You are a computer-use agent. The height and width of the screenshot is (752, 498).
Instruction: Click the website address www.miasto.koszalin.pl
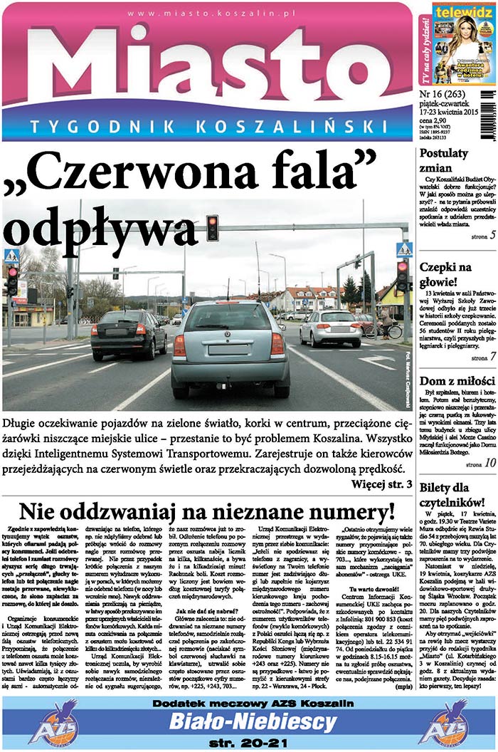click(206, 14)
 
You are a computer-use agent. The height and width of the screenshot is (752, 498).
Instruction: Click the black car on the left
click(129, 333)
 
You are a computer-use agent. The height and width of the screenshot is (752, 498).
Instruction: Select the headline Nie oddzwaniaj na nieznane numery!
click(206, 511)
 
